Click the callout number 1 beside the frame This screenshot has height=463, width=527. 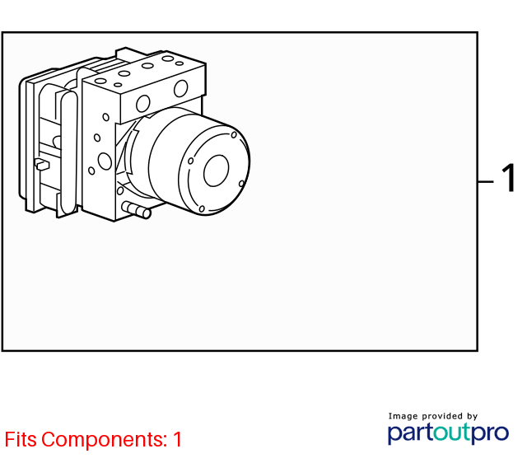(x=509, y=178)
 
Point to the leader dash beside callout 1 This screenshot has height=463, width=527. (x=485, y=181)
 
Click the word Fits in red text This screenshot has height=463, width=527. (x=21, y=439)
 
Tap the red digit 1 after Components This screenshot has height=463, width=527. (x=178, y=439)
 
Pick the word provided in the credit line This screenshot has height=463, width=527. (x=442, y=416)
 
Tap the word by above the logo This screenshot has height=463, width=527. (x=472, y=416)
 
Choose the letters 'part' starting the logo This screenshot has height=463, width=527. (x=410, y=433)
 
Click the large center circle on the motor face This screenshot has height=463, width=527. (x=216, y=171)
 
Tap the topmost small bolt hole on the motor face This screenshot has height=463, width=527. (x=234, y=135)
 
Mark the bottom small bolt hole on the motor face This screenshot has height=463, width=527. (x=202, y=209)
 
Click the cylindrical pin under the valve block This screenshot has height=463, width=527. (x=137, y=209)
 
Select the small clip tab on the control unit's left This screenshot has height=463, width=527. (x=42, y=165)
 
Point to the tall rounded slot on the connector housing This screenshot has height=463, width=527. (x=68, y=152)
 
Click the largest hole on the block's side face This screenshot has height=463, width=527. (x=105, y=161)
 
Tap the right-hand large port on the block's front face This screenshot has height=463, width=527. (x=181, y=88)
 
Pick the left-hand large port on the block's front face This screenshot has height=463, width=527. (x=142, y=104)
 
